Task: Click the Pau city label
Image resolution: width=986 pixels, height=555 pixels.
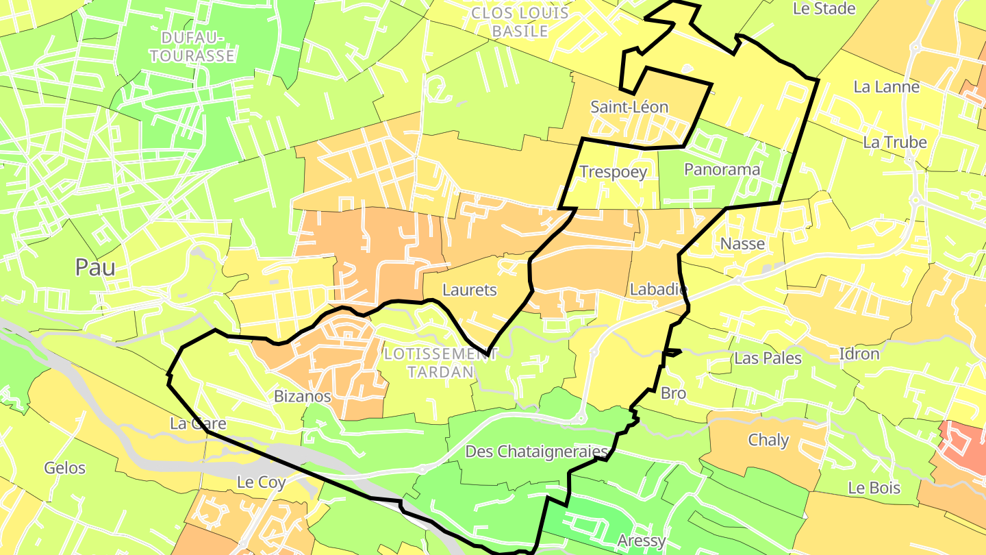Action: [95, 267]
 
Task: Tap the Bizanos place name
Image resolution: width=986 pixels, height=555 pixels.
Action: [303, 396]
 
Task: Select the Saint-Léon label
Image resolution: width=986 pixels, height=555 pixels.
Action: [629, 108]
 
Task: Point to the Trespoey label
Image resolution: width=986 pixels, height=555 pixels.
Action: [613, 171]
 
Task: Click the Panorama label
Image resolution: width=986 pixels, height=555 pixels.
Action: [722, 169]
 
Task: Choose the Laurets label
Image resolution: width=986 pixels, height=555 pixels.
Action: [470, 290]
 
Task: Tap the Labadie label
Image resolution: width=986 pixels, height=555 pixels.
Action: [658, 290]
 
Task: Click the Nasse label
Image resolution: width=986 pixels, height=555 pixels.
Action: [742, 243]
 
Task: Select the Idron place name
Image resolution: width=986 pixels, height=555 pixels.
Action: [859, 354]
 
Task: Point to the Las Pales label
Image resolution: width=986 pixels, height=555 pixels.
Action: [768, 358]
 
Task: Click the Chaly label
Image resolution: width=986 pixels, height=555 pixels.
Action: [768, 440]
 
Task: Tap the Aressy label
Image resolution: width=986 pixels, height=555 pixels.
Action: [642, 541]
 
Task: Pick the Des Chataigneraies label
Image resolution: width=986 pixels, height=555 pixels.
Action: [537, 452]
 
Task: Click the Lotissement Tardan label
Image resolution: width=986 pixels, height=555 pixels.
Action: [440, 362]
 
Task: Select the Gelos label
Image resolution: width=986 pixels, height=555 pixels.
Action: [64, 468]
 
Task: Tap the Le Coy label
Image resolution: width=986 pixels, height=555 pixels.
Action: [261, 482]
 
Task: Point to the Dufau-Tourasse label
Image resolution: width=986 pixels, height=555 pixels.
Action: [192, 47]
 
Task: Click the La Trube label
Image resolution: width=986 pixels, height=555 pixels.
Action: [894, 142]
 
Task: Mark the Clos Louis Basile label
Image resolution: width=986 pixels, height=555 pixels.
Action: [520, 22]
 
